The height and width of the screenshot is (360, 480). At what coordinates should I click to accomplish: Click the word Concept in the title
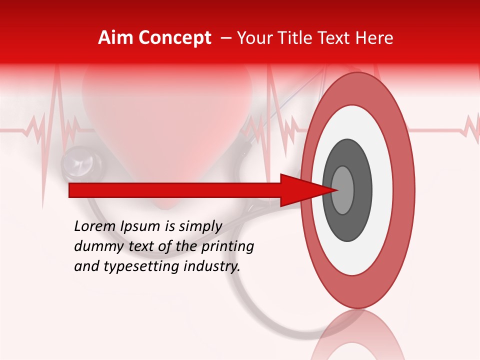point(175,38)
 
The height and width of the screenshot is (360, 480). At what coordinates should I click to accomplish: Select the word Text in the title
point(339,38)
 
